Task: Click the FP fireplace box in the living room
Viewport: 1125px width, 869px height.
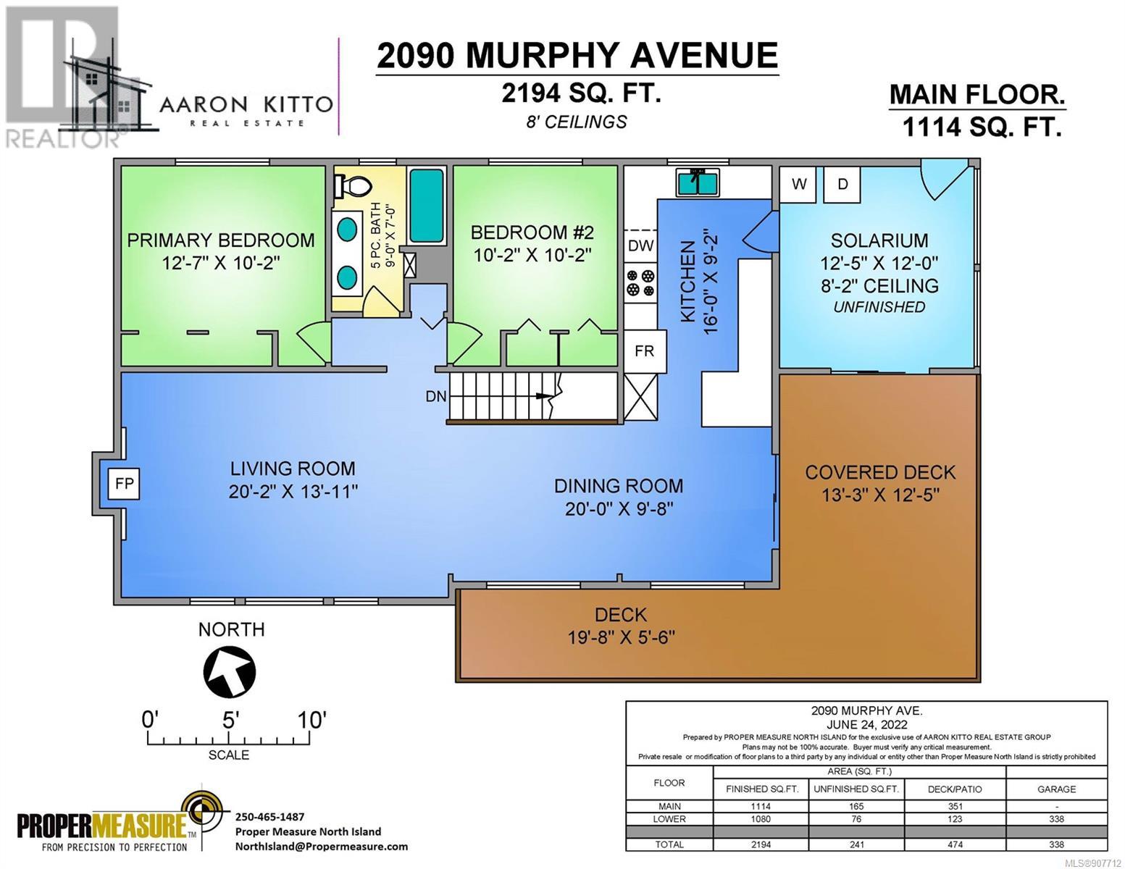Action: click(x=124, y=484)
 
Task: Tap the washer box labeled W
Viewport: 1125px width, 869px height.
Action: click(x=798, y=184)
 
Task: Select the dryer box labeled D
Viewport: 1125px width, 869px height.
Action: click(x=842, y=184)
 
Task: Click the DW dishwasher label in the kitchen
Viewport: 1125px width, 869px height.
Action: click(x=641, y=245)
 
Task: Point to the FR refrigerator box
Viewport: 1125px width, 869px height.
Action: click(x=645, y=351)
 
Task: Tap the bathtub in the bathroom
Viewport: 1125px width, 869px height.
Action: click(x=427, y=206)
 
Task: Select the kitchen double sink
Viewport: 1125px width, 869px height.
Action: click(x=698, y=183)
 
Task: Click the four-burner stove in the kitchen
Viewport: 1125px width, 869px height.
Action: click(x=640, y=282)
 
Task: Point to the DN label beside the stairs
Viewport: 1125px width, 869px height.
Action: click(x=436, y=396)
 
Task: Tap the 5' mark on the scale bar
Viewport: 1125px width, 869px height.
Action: click(x=230, y=721)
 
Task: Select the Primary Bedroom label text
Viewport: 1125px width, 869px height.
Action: click(x=221, y=240)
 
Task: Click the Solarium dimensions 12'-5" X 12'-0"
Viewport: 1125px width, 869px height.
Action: click(x=879, y=264)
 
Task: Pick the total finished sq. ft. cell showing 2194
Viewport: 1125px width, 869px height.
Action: click(x=761, y=844)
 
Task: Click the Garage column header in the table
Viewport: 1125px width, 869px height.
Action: click(x=1056, y=789)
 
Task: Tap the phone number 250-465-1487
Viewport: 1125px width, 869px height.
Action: click(x=269, y=817)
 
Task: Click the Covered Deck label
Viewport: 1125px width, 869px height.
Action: click(x=880, y=473)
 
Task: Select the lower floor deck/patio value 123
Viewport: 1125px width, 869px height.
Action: click(x=955, y=819)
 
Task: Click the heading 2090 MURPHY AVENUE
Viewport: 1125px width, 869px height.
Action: click(x=577, y=55)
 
